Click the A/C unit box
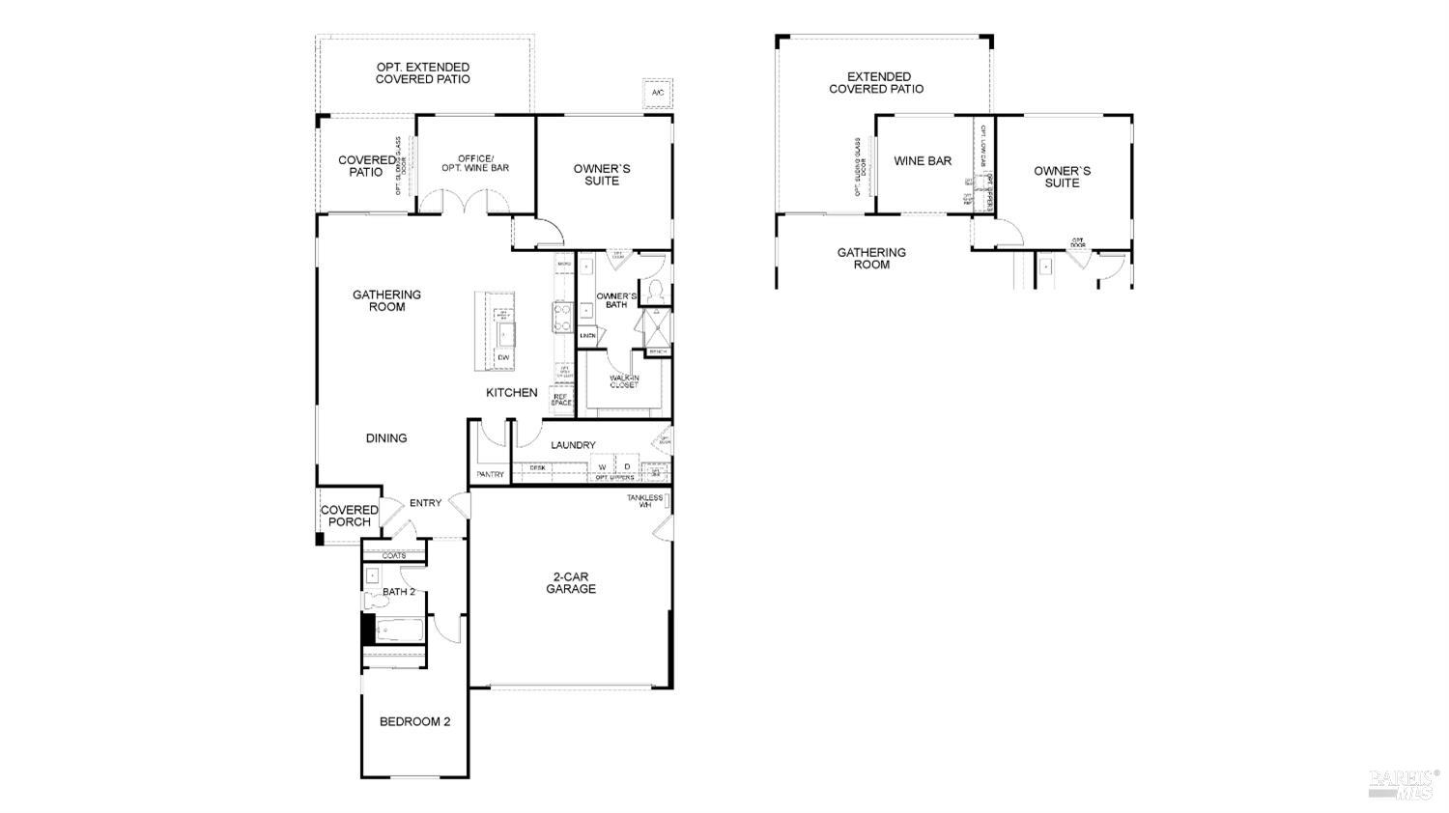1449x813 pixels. pyautogui.click(x=658, y=93)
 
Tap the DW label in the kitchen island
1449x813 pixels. pyautogui.click(x=502, y=358)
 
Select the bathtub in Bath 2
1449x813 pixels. pyautogui.click(x=397, y=631)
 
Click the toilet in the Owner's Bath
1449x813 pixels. pyautogui.click(x=654, y=289)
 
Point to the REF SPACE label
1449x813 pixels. pyautogui.click(x=561, y=399)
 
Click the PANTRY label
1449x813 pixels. pyautogui.click(x=491, y=474)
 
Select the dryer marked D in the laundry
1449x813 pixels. pyautogui.click(x=627, y=467)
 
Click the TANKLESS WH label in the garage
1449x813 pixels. pyautogui.click(x=644, y=501)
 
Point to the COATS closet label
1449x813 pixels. pyautogui.click(x=394, y=556)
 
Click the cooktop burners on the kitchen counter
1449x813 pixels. pyautogui.click(x=561, y=317)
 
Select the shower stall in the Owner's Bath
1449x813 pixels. pyautogui.click(x=657, y=328)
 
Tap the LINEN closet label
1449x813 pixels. pyautogui.click(x=587, y=335)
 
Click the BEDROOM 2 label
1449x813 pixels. pyautogui.click(x=414, y=721)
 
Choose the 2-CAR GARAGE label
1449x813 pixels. pyautogui.click(x=571, y=582)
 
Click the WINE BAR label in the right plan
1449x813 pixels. pyautogui.click(x=923, y=161)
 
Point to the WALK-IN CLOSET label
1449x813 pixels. pyautogui.click(x=624, y=381)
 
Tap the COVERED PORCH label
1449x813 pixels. pyautogui.click(x=350, y=516)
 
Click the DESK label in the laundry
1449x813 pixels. pyautogui.click(x=537, y=468)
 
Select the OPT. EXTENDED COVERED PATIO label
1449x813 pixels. pyautogui.click(x=423, y=73)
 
